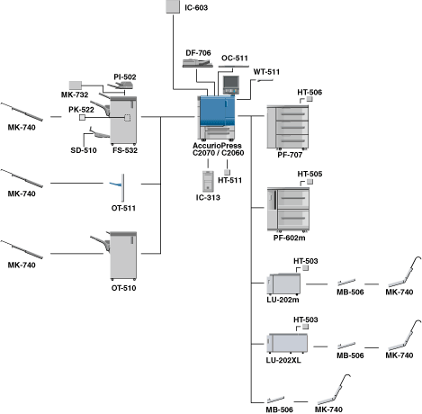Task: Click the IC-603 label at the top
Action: click(196, 7)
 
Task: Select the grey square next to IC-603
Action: click(173, 6)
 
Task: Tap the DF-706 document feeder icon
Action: click(198, 63)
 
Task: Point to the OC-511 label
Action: click(235, 58)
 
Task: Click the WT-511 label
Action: click(266, 72)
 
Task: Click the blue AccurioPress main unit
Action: click(216, 118)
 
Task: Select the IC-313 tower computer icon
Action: click(208, 181)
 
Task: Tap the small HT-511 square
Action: click(227, 172)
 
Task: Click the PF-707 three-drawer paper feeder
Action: click(288, 127)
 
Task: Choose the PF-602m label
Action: click(289, 238)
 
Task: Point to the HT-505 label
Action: click(310, 174)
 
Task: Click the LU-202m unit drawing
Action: click(283, 283)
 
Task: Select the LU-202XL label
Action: click(283, 360)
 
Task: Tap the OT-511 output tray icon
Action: click(117, 187)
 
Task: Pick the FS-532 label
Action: click(125, 150)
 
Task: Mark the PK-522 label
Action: click(81, 110)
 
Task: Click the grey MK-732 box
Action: click(76, 85)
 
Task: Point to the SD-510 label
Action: click(84, 150)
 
